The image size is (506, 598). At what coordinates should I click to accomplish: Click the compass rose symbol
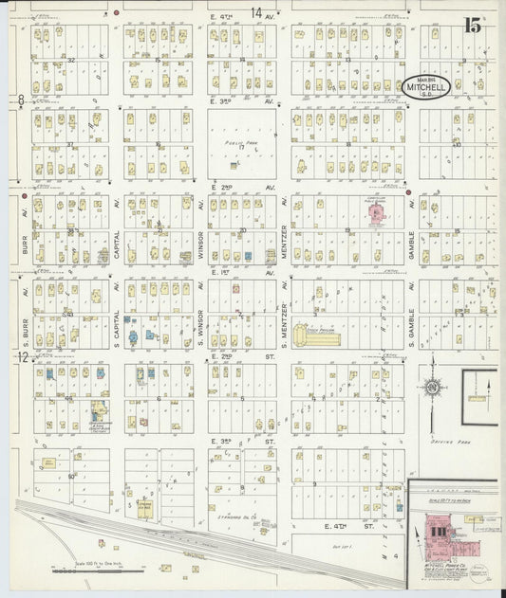point(432,387)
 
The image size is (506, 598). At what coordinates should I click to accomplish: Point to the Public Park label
point(235,146)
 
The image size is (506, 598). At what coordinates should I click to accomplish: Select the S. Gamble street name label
point(412,323)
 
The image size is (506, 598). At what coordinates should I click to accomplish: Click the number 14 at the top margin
point(256,11)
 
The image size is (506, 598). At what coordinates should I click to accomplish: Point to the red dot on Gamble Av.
point(409,192)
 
